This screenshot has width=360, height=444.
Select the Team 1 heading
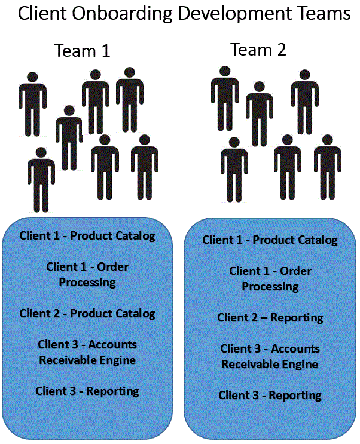tap(83, 51)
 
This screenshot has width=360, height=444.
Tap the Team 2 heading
tap(258, 50)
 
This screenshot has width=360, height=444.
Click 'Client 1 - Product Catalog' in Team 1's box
tap(87, 235)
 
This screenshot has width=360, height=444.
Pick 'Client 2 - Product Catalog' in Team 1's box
tap(87, 313)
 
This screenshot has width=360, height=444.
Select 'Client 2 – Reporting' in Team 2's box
tap(270, 317)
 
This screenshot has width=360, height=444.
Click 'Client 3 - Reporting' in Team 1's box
tap(87, 391)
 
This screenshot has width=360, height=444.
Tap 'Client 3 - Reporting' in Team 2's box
tap(270, 395)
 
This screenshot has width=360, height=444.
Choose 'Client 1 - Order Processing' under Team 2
tap(270, 278)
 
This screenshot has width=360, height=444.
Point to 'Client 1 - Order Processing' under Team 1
tap(87, 274)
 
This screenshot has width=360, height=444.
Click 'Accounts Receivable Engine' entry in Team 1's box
tap(87, 352)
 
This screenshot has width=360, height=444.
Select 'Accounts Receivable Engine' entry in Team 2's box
tap(270, 356)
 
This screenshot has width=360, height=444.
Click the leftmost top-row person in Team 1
tap(32, 105)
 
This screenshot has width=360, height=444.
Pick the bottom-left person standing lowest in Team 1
tap(41, 179)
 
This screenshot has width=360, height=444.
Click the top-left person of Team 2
tap(225, 99)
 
